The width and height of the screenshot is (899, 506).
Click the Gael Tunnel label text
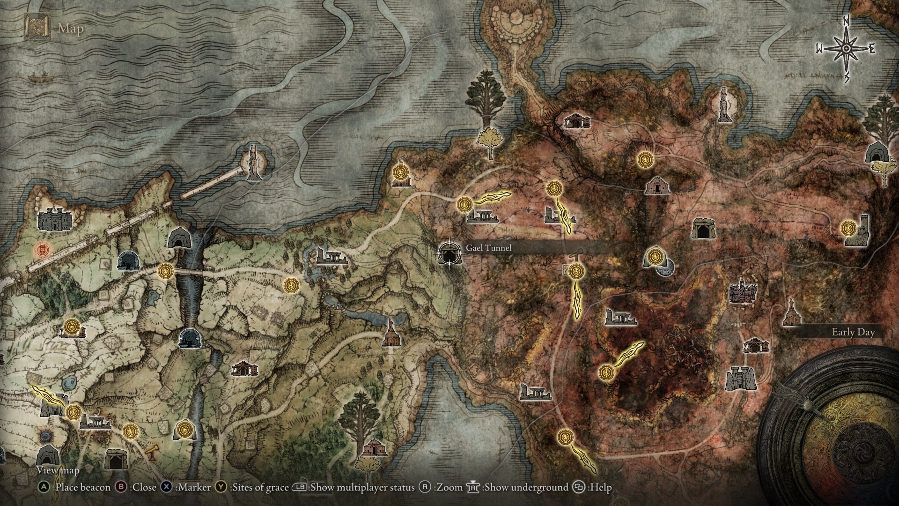488,248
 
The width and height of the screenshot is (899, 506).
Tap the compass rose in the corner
847,49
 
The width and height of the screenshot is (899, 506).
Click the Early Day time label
853,332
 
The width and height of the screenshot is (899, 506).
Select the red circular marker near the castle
42,250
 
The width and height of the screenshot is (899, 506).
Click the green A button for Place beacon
44,488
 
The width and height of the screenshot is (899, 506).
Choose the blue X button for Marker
166,488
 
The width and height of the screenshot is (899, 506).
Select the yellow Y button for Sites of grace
221,488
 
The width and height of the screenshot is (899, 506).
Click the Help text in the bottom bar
600,488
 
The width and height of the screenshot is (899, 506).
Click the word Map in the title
71,29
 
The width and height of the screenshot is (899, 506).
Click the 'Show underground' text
526,488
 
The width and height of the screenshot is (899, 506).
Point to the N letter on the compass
847,34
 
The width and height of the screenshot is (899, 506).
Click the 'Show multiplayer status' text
362,488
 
